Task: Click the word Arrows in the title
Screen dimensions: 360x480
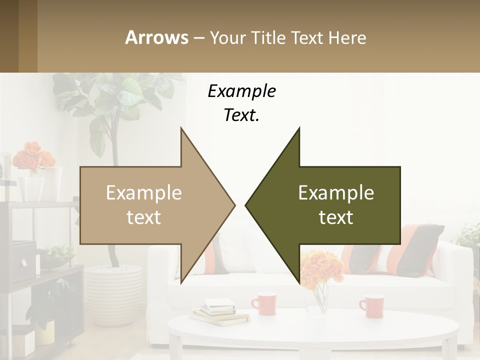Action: (x=156, y=37)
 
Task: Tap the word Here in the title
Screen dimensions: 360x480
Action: (x=347, y=37)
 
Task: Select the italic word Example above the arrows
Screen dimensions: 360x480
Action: (x=241, y=91)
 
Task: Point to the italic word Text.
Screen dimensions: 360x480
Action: (x=241, y=115)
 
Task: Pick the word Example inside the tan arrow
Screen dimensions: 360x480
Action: (x=143, y=193)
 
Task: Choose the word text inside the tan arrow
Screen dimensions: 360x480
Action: (x=143, y=217)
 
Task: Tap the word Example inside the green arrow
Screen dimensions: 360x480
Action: (x=336, y=193)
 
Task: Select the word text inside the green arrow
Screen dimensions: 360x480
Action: (x=336, y=217)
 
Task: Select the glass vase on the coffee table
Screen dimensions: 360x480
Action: (x=318, y=300)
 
